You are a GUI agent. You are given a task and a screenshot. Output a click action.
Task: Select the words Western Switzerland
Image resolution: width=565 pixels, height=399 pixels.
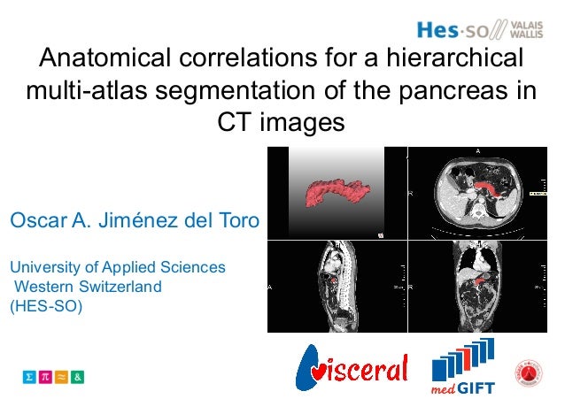[x=87, y=287]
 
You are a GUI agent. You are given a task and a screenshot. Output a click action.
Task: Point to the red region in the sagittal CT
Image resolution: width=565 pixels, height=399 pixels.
[x=333, y=280]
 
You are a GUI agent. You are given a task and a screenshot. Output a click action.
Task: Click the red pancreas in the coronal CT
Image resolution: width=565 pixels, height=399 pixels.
[x=478, y=281]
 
